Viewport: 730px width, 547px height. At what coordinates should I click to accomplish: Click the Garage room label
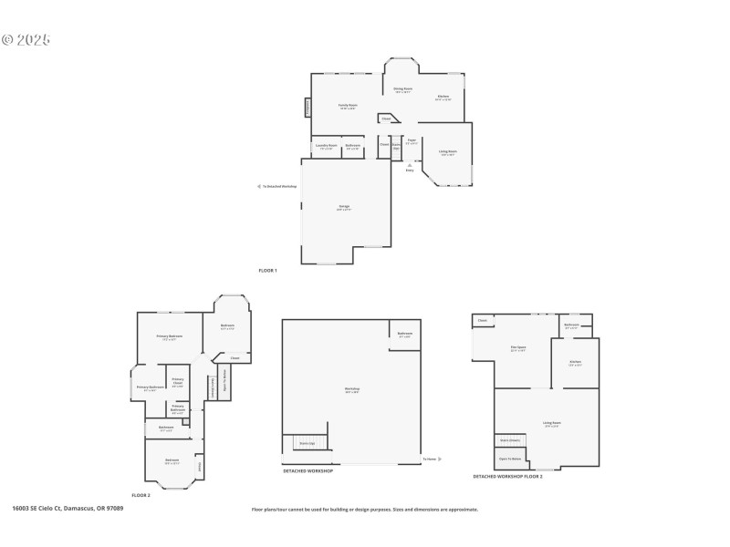[x=344, y=208]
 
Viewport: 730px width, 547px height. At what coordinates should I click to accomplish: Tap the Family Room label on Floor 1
[x=348, y=106]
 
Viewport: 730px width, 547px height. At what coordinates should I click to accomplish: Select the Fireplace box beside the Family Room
[x=308, y=108]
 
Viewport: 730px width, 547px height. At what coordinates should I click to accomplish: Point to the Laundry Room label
[x=327, y=146]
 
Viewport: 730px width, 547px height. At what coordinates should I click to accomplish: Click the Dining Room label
[x=402, y=90]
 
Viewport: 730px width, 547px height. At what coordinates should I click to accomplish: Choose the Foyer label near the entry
[x=412, y=141]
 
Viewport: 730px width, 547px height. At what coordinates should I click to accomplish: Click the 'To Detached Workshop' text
[x=279, y=186]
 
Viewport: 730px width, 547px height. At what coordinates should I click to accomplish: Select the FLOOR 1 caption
[x=267, y=271]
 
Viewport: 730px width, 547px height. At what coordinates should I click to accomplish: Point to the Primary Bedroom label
[x=169, y=336]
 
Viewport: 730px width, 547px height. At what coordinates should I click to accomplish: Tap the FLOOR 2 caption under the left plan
[x=141, y=494]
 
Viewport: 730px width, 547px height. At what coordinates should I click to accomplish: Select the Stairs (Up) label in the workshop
[x=307, y=443]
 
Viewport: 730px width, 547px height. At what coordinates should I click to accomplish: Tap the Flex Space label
[x=517, y=348]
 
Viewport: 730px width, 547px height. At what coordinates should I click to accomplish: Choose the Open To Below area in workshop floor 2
[x=510, y=459]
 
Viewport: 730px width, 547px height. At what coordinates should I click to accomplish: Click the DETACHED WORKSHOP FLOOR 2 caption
[x=507, y=476]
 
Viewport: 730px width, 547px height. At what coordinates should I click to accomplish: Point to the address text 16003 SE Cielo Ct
[x=68, y=508]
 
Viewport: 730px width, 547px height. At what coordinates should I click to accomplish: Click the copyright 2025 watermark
[x=26, y=40]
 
